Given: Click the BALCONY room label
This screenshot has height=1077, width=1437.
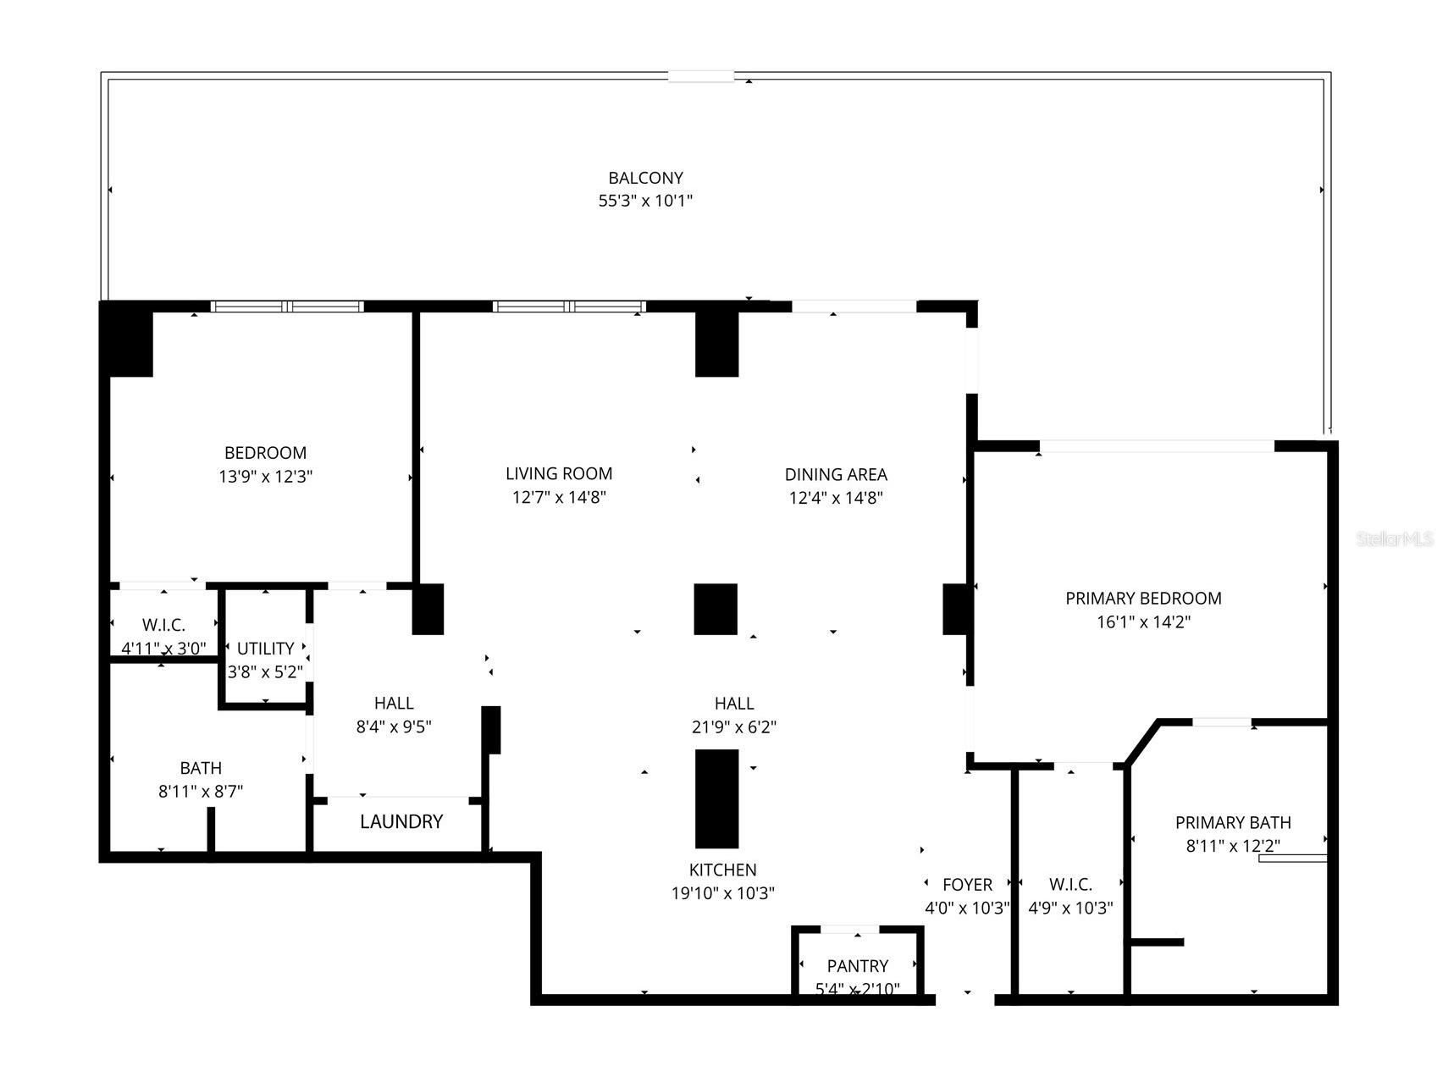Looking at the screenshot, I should [x=645, y=178].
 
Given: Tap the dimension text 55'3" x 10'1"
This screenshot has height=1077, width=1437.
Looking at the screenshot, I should [x=645, y=202].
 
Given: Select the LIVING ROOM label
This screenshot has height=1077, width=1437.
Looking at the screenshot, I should [x=559, y=474].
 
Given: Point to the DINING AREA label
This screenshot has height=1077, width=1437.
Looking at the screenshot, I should [x=836, y=475].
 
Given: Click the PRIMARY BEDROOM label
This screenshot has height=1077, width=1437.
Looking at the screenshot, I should [x=1143, y=599].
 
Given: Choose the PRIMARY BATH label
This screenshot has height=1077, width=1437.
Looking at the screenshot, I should [x=1233, y=822].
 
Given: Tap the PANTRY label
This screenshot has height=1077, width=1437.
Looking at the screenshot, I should [x=858, y=966].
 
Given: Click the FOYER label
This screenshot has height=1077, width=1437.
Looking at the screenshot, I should [x=967, y=885].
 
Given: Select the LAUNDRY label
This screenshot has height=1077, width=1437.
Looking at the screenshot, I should [x=401, y=821].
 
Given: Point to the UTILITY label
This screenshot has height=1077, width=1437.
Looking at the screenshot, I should [x=265, y=649].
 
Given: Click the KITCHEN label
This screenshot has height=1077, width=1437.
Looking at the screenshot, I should [x=722, y=870].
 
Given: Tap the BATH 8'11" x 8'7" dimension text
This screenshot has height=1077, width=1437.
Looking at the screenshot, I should [x=201, y=792].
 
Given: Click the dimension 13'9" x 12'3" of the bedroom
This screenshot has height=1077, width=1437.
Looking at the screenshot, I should [x=265, y=477].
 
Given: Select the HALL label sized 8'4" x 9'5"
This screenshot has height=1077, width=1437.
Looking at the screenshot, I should [x=394, y=703].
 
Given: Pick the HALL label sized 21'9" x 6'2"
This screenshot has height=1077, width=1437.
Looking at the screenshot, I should [x=734, y=703].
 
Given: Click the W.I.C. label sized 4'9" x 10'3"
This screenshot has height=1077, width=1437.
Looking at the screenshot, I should [x=1070, y=885].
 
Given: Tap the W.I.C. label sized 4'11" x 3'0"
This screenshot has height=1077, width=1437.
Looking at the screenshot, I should [x=163, y=625].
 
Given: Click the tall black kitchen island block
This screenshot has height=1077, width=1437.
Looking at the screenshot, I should [x=716, y=798].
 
